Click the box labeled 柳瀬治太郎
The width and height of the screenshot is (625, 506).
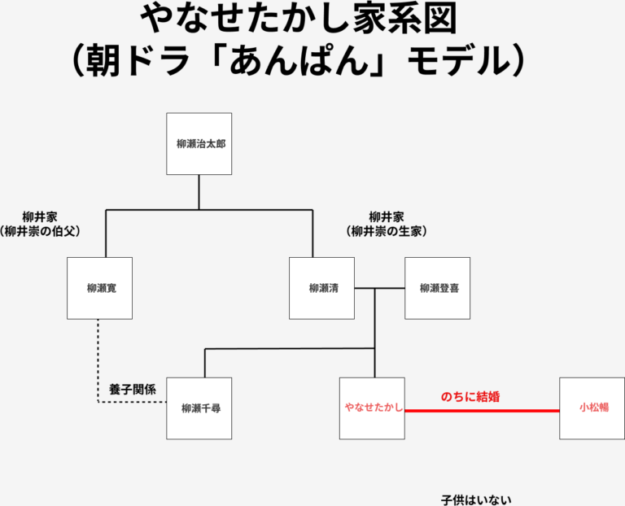(x=199, y=144)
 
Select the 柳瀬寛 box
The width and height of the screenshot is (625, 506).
(x=99, y=288)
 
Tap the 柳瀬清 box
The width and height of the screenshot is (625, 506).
(x=322, y=288)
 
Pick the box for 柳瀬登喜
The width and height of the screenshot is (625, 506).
(x=438, y=288)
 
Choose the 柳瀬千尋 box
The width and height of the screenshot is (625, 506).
(x=199, y=408)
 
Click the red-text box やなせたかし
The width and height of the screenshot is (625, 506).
(x=373, y=408)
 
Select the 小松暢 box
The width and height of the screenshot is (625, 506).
(x=592, y=408)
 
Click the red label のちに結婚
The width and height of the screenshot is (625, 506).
(x=470, y=397)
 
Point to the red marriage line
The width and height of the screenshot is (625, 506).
(x=482, y=411)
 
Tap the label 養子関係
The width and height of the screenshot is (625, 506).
(x=126, y=389)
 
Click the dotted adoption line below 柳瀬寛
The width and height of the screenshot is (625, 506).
(x=98, y=358)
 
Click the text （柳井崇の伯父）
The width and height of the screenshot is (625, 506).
(x=41, y=232)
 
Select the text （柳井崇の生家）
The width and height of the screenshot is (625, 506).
(x=386, y=232)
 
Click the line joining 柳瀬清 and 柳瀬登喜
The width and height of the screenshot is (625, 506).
(x=379, y=288)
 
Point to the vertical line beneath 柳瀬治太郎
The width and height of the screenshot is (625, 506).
(x=199, y=192)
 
